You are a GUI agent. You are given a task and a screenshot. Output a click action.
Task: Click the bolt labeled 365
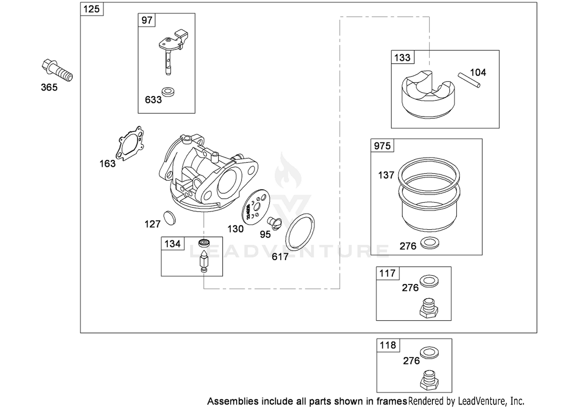pos(57,70)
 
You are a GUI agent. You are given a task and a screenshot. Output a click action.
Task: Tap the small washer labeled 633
pos(168,92)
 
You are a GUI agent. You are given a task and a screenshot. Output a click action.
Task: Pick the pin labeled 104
pos(469,80)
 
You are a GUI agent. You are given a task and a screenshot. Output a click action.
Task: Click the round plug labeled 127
pos(169,218)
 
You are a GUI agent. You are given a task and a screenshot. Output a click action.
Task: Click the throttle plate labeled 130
pos(256,207)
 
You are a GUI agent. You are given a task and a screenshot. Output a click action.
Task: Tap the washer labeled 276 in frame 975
pos(430,243)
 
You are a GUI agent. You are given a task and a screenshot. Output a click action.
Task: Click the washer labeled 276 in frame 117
pos(429,281)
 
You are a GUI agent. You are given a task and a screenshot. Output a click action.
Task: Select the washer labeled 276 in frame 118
pos(429,353)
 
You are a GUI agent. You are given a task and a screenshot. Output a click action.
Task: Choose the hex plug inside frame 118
pos(430,380)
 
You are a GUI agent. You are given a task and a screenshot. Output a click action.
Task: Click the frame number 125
pos(91,9)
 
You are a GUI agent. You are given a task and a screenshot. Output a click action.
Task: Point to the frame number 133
pos(402,57)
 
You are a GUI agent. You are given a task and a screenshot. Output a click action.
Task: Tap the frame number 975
pos(382,146)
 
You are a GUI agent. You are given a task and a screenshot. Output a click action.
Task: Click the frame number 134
pos(173,243)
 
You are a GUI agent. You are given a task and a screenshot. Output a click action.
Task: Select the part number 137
pos(386,175)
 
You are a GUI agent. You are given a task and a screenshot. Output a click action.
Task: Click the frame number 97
pos(147,20)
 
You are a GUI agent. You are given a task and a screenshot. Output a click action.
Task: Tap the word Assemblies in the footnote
pos(233,401)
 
